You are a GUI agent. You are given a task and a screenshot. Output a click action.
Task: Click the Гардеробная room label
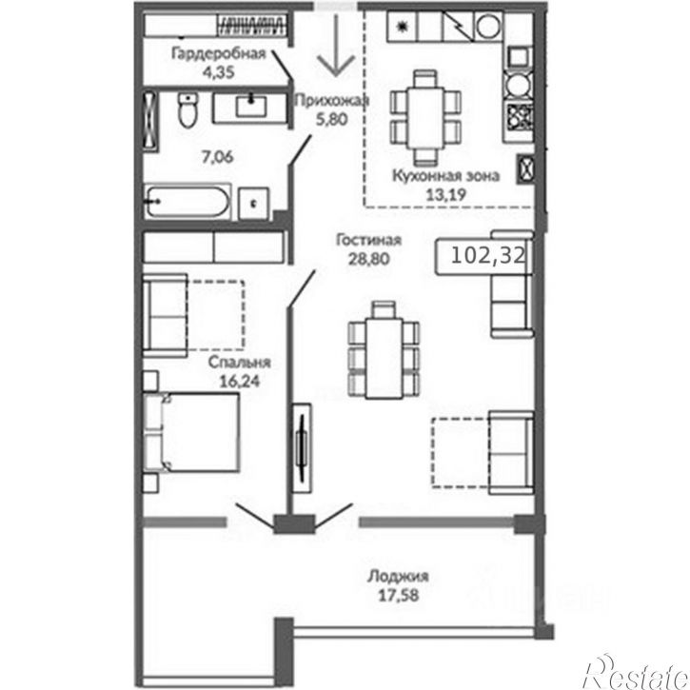coord(218,53)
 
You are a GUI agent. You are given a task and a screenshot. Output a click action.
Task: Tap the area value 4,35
coord(218,72)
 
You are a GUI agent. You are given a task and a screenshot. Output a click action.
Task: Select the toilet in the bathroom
coord(187,110)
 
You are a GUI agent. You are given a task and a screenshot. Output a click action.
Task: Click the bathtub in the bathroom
coord(187,202)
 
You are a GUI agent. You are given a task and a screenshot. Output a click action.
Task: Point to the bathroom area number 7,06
coord(217,157)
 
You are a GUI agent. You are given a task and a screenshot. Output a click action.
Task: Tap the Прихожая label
coord(331,101)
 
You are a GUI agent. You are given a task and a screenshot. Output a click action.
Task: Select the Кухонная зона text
coord(445,175)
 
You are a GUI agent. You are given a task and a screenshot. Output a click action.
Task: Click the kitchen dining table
coord(425,117)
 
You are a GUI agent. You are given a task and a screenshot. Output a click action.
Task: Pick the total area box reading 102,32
coord(484,256)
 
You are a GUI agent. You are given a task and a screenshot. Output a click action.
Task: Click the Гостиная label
coord(368,240)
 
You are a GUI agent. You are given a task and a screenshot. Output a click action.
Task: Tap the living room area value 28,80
coord(368,259)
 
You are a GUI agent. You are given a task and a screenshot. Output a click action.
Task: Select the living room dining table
coord(384,358)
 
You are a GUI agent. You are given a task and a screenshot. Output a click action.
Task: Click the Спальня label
coord(239,363)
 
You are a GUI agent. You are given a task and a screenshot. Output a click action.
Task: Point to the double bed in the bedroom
coord(192,432)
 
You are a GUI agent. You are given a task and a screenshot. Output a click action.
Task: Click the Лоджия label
coord(398,576)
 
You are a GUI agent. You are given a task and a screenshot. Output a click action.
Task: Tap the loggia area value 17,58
coord(398,596)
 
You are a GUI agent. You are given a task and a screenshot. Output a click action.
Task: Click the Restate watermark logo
coord(635,672)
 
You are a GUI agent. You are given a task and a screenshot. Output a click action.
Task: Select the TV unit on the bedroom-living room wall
coord(303,448)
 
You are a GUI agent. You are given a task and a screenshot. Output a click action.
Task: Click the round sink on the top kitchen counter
coord(488,27)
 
